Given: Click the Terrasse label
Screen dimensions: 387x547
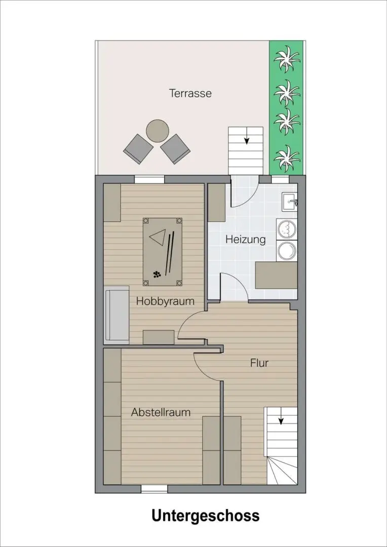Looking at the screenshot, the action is pyautogui.click(x=190, y=94).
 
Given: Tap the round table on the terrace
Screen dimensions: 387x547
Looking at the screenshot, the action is pyautogui.click(x=158, y=131).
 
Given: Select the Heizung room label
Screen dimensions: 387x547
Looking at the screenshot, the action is pyautogui.click(x=245, y=240).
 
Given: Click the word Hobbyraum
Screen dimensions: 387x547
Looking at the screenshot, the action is pyautogui.click(x=165, y=301).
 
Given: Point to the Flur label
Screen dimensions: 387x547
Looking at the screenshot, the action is pyautogui.click(x=259, y=363).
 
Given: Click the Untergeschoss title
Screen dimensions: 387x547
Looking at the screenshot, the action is pyautogui.click(x=206, y=516).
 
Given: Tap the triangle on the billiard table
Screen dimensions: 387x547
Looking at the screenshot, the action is pyautogui.click(x=158, y=236).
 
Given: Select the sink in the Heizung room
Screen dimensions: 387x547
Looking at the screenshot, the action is pyautogui.click(x=289, y=202).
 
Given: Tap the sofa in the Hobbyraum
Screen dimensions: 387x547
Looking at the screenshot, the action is pyautogui.click(x=117, y=316).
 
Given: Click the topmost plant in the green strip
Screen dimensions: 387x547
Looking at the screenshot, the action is pyautogui.click(x=287, y=59).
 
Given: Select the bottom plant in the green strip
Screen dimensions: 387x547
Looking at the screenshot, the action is pyautogui.click(x=287, y=159).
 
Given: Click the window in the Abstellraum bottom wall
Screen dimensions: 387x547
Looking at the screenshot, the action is pyautogui.click(x=154, y=489).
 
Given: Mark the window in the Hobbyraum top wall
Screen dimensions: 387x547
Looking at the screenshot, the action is pyautogui.click(x=149, y=179).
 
